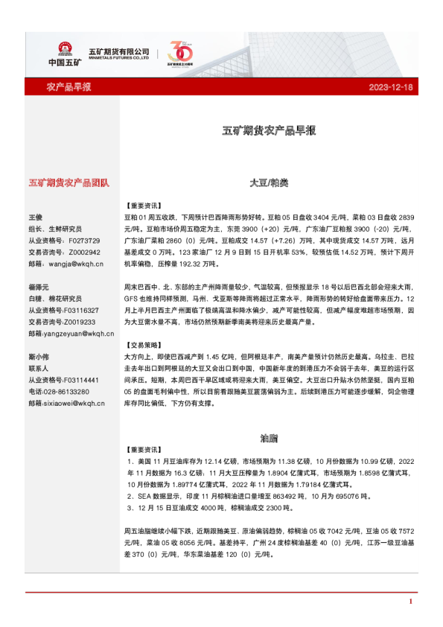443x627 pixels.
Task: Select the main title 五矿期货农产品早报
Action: pos(270,130)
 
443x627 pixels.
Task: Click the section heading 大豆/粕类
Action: pos(269,182)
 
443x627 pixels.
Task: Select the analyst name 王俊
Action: pos(35,217)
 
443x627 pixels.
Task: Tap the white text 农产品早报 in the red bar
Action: pos(68,88)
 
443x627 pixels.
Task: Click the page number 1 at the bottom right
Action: pos(410,601)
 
